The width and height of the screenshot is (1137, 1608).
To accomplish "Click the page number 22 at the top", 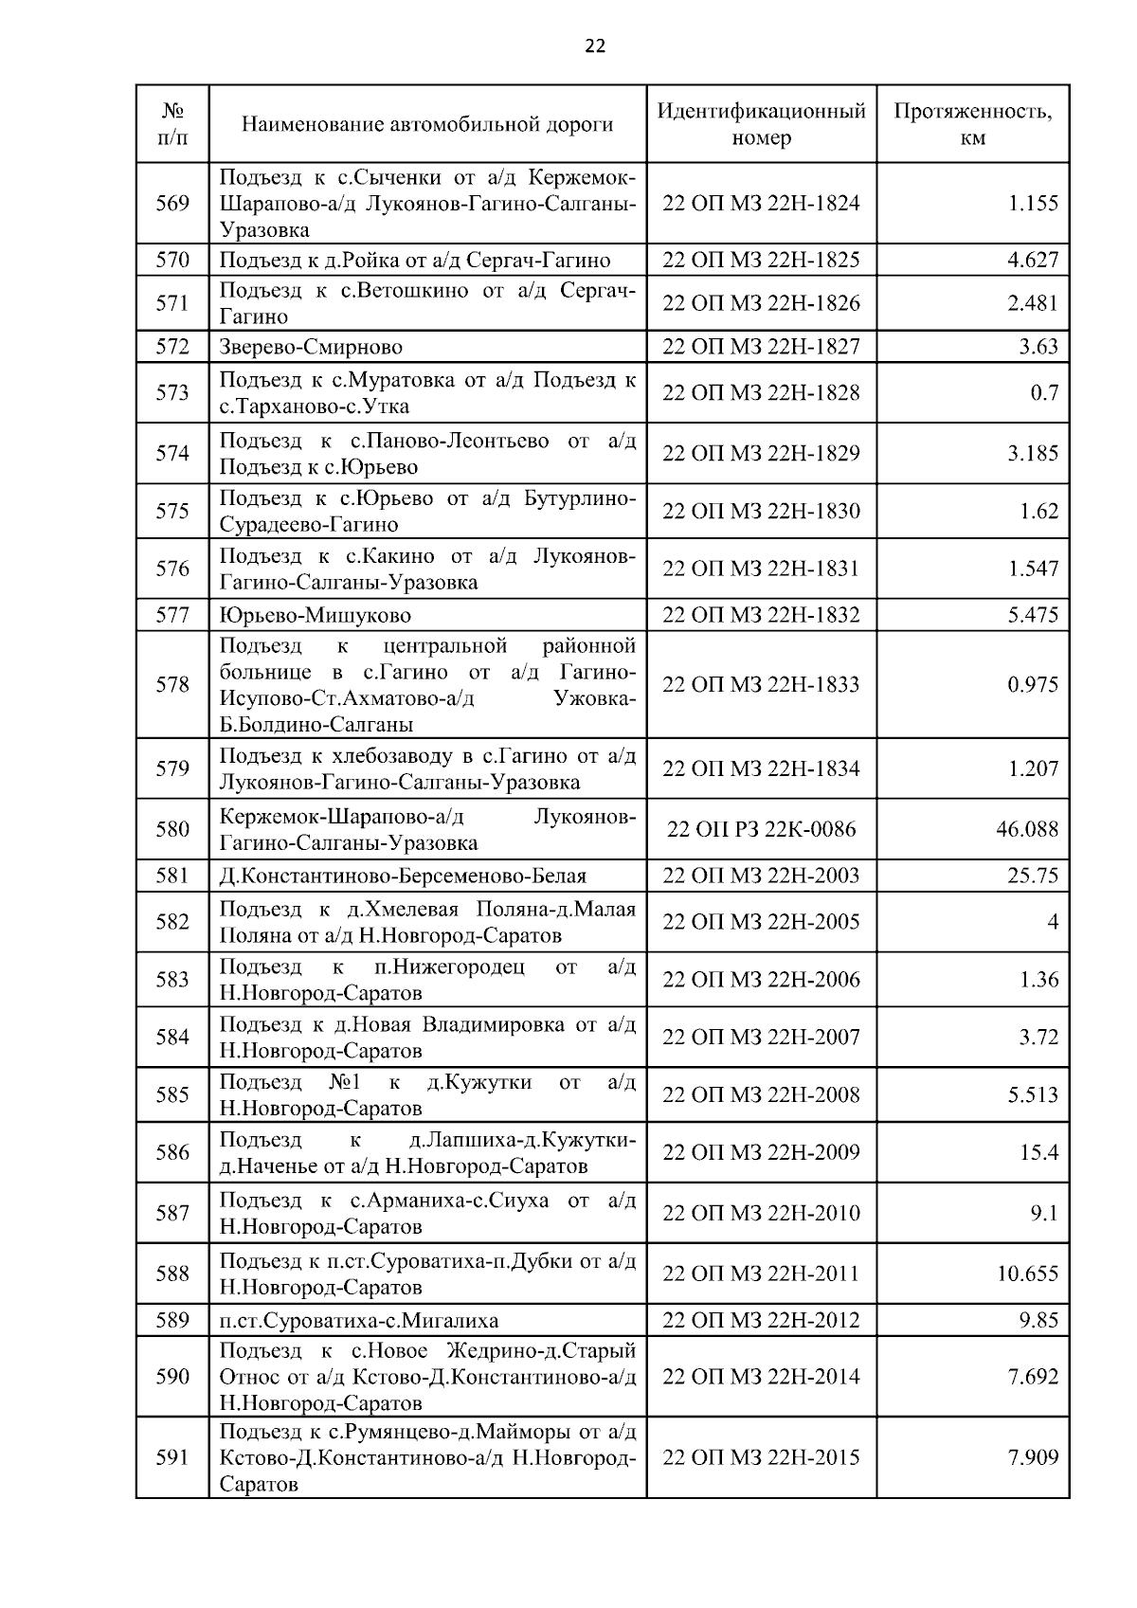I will [x=595, y=46].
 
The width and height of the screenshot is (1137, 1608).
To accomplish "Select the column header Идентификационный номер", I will [x=761, y=124].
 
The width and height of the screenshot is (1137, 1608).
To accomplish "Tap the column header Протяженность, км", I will [x=972, y=124].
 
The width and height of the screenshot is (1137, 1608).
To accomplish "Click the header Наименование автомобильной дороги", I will [x=427, y=124].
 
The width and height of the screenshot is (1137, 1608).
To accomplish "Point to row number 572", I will [x=172, y=346].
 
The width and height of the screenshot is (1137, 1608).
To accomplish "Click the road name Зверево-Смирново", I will [x=311, y=347].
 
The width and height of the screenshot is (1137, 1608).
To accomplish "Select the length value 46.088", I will [x=1027, y=829].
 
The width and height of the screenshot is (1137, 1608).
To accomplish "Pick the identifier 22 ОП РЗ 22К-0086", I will [x=761, y=829].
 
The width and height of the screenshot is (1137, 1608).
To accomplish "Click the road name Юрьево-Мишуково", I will [x=316, y=615].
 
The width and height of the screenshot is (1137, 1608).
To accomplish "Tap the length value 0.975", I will [x=1033, y=684].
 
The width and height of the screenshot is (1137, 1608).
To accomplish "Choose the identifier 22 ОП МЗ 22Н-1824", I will [x=761, y=203].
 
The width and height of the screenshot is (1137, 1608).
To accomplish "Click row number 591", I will [x=172, y=1457].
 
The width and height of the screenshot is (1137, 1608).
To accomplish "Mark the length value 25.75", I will [x=1033, y=876].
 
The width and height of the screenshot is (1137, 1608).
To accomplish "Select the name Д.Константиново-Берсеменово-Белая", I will [x=403, y=876].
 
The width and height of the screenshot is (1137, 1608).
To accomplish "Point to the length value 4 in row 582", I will [x=1052, y=922].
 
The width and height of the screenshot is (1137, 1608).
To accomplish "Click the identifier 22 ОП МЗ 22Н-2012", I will [x=761, y=1320].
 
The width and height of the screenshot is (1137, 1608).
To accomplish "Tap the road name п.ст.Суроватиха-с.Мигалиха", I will [x=359, y=1320].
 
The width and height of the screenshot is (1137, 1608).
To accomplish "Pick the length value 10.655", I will [x=1027, y=1274].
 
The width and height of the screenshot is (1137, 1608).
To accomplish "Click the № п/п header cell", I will [x=172, y=124].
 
